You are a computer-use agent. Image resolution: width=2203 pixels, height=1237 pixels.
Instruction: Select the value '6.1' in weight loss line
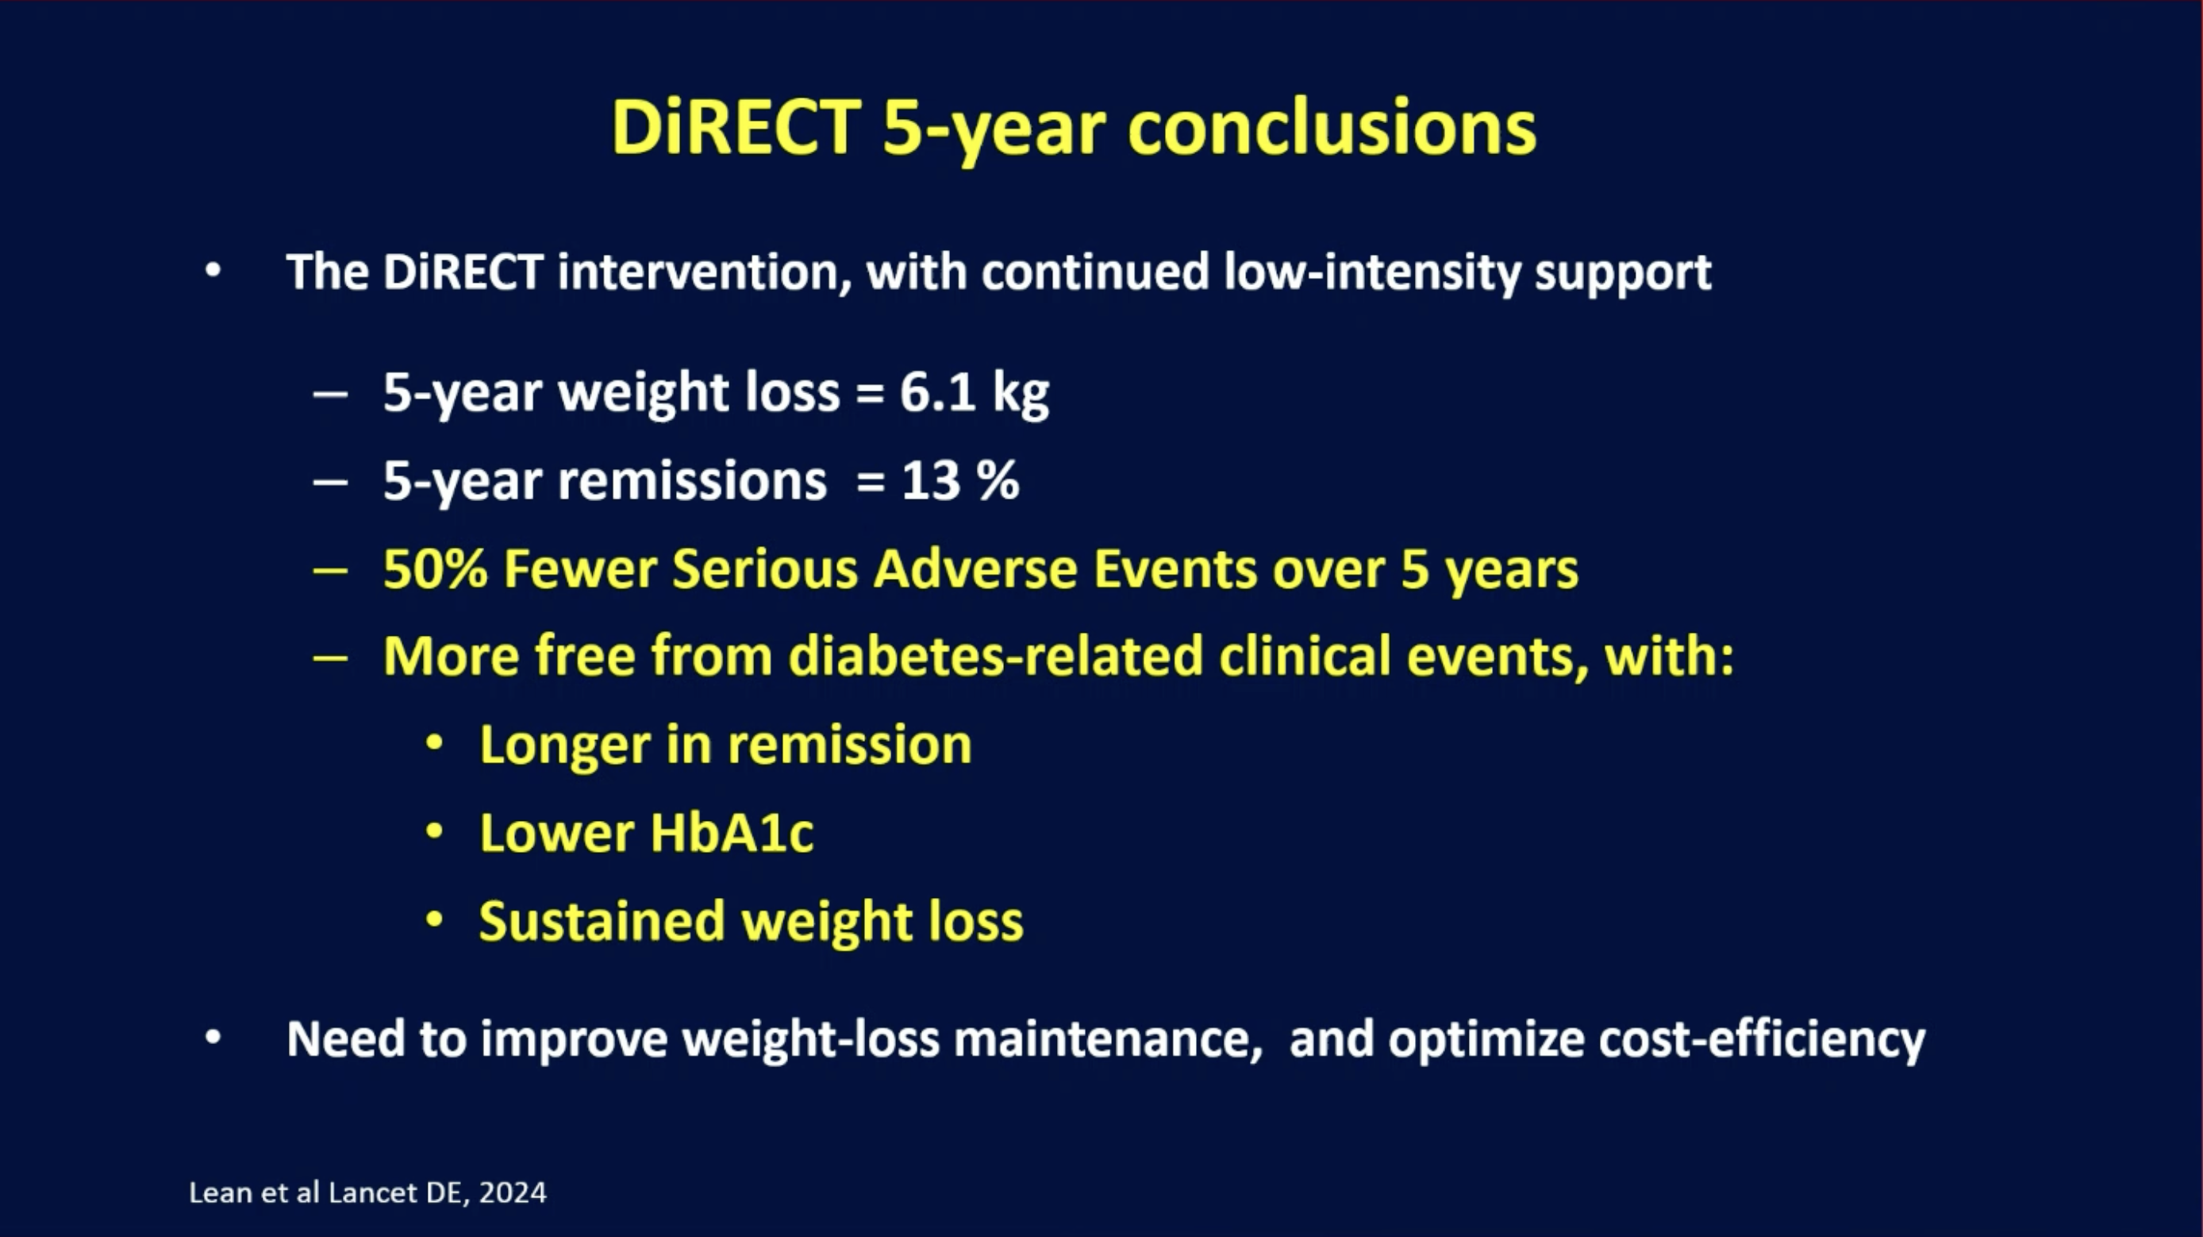pyautogui.click(x=937, y=393)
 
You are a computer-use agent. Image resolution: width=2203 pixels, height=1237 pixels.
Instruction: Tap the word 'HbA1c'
pyautogui.click(x=732, y=832)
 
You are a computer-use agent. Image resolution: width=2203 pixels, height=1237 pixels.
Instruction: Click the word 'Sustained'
pyautogui.click(x=602, y=921)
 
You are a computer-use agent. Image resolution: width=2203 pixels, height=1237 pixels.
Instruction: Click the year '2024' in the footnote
pyautogui.click(x=513, y=1193)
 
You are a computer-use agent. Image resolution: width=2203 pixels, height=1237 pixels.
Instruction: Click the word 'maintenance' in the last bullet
pyautogui.click(x=1102, y=1039)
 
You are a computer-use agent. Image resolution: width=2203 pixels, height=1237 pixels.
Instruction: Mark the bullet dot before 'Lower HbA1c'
pyautogui.click(x=434, y=830)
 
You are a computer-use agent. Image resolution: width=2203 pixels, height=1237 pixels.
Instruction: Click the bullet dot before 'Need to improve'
pyautogui.click(x=213, y=1039)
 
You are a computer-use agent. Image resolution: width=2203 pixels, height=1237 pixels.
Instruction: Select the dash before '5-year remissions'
pyautogui.click(x=331, y=483)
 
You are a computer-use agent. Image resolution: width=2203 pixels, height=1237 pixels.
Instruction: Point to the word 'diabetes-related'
pyautogui.click(x=995, y=656)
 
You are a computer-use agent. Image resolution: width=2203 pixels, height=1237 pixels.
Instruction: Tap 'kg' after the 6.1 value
pyautogui.click(x=1021, y=395)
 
